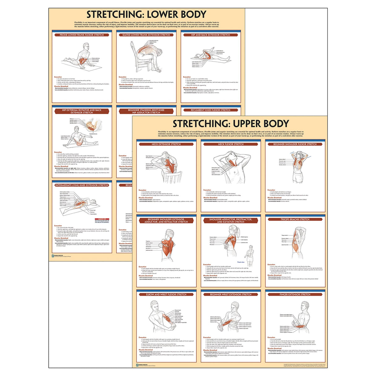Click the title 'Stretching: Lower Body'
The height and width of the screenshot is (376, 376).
[146, 15]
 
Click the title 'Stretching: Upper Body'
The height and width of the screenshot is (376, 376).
[230, 124]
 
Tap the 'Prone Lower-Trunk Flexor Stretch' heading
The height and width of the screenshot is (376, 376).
[82, 35]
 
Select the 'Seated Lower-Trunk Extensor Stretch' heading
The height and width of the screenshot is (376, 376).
[146, 35]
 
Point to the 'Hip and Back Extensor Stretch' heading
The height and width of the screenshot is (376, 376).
[211, 35]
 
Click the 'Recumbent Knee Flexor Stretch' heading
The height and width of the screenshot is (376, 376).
[211, 110]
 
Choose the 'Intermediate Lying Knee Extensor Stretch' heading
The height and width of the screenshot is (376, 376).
[82, 185]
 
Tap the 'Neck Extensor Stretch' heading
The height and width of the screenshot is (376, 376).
[166, 144]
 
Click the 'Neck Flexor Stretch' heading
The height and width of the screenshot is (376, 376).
[231, 144]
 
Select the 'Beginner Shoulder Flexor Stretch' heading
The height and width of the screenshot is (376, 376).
[295, 144]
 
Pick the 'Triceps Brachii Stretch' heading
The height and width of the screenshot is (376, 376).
[295, 219]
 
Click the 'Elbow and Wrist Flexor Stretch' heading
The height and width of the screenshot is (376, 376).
[166, 295]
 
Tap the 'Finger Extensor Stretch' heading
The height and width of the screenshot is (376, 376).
[295, 295]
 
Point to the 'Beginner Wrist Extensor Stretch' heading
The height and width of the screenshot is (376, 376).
[231, 295]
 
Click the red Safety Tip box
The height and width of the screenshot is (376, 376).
[102, 221]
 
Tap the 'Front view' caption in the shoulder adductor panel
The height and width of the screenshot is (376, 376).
[241, 262]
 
